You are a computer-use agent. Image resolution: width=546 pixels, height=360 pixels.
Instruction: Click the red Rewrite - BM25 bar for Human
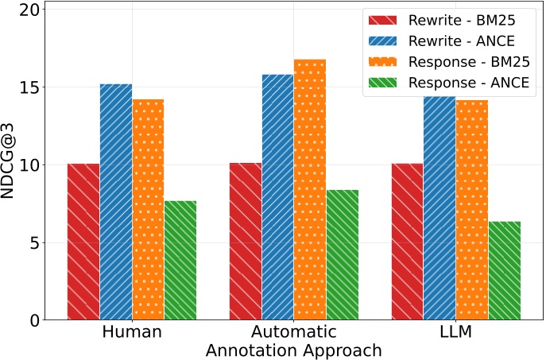(83, 242)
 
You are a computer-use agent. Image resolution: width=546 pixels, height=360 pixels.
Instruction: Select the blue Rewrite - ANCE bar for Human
(116, 202)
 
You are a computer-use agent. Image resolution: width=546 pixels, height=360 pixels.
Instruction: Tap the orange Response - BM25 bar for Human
(148, 210)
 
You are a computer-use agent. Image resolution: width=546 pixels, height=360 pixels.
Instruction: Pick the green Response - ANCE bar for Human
(180, 261)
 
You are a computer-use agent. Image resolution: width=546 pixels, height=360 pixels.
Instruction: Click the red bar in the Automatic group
(246, 242)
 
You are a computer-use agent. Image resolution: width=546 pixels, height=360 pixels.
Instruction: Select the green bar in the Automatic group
(343, 255)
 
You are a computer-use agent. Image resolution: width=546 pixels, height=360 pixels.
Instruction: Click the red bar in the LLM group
(408, 242)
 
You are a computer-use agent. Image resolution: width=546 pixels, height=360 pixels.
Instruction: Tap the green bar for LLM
(505, 271)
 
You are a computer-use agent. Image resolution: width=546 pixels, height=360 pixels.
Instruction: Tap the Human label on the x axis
(132, 332)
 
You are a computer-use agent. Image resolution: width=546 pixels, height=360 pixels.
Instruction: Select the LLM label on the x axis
(456, 332)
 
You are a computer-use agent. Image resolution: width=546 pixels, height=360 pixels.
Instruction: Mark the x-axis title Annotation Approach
(293, 350)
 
